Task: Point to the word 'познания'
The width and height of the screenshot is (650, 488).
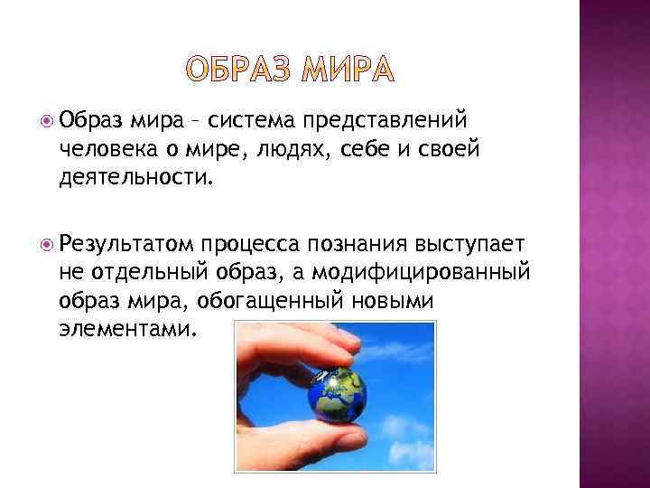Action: (x=359, y=244)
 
